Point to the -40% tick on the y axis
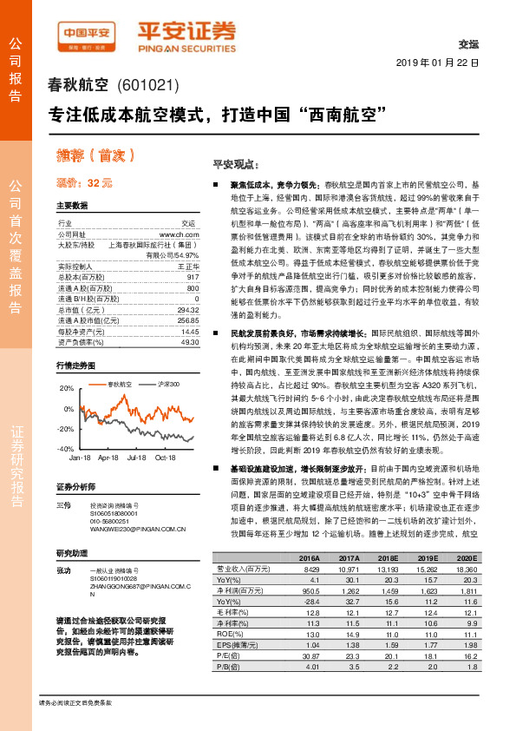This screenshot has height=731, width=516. [66, 449]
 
